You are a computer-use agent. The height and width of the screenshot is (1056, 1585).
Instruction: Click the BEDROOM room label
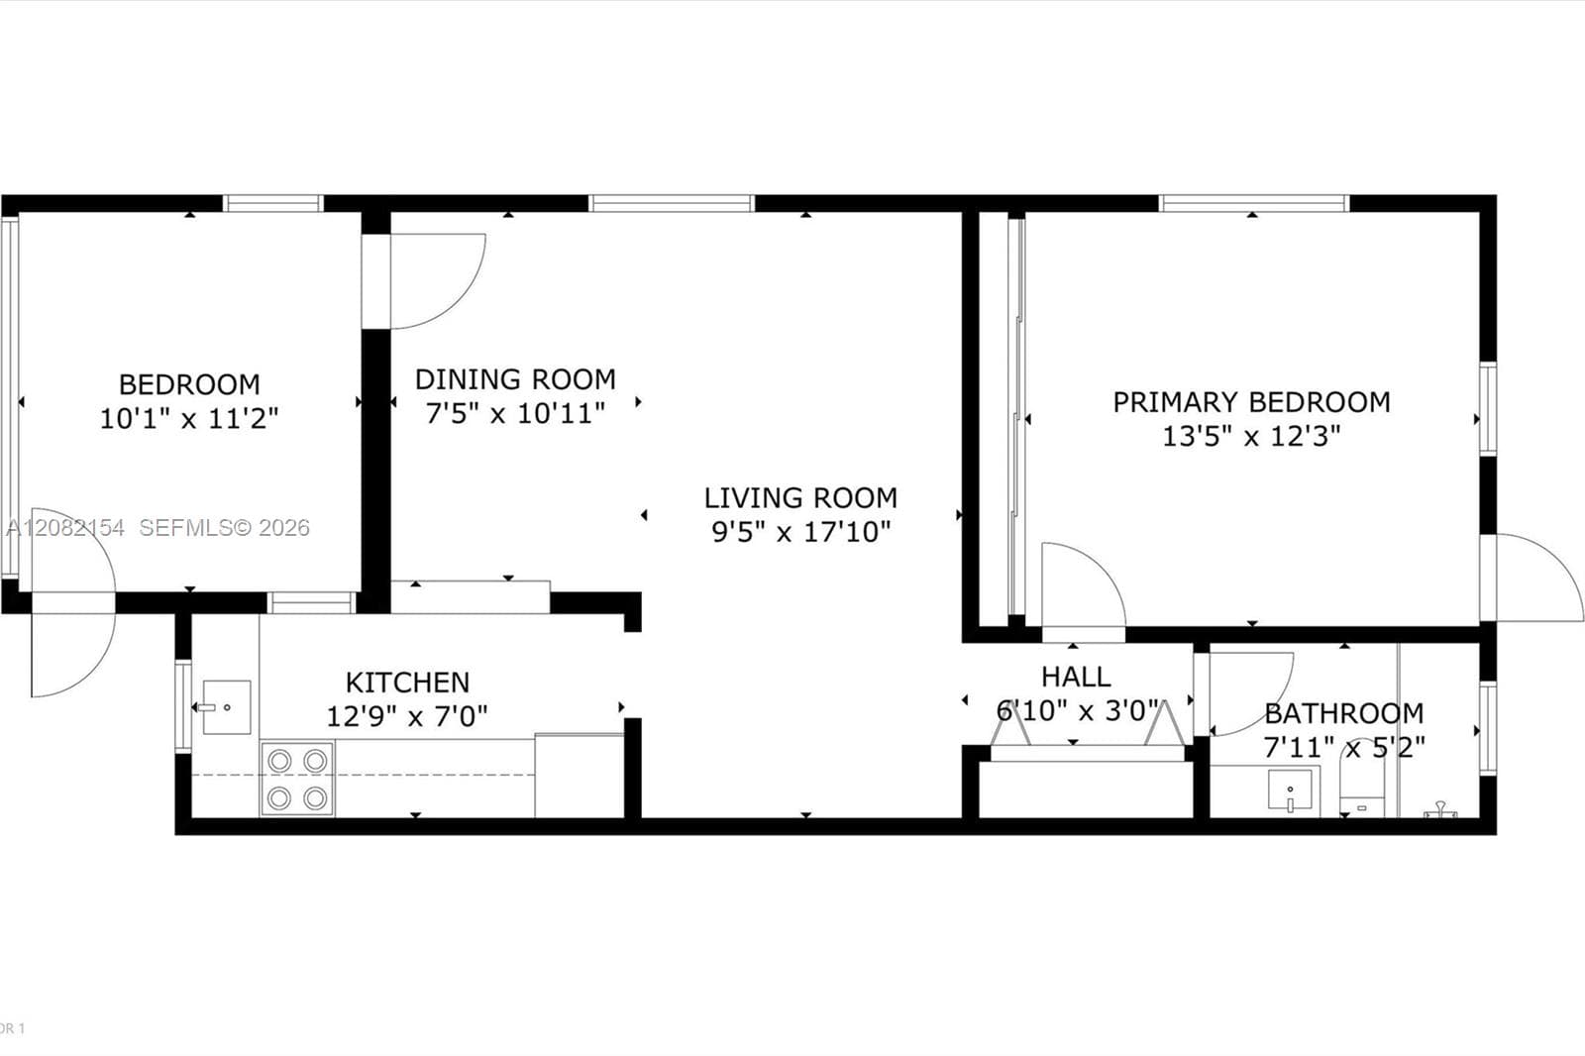coord(189,384)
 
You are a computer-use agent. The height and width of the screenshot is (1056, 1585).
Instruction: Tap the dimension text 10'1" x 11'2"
coord(189,418)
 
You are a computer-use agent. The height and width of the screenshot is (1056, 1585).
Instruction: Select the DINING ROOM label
coord(515,379)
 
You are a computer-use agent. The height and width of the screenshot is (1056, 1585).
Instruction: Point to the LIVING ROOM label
coord(800,497)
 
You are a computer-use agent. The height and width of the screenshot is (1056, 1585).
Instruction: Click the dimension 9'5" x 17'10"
coord(800,532)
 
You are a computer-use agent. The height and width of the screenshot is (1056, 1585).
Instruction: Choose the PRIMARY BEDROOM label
coord(1251,402)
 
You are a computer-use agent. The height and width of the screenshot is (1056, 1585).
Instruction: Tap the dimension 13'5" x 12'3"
coord(1251,436)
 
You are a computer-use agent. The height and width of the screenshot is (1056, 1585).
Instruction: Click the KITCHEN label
coord(407,683)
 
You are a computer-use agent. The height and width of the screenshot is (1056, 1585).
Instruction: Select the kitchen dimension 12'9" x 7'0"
coord(407,716)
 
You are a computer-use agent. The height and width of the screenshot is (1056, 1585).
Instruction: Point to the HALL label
coord(1076,677)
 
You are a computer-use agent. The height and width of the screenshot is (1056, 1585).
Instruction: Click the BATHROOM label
coord(1343,713)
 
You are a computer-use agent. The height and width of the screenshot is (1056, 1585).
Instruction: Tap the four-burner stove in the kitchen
coord(297,779)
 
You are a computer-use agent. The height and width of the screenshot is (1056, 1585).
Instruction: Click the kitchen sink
coord(227,707)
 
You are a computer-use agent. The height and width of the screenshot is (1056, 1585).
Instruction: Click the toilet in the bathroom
coord(1362,792)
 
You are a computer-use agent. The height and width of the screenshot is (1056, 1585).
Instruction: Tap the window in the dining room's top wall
coord(672,203)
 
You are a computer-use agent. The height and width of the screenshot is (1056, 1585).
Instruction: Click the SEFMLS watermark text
coord(224,527)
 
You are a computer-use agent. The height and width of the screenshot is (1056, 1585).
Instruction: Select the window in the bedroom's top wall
coord(273,203)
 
